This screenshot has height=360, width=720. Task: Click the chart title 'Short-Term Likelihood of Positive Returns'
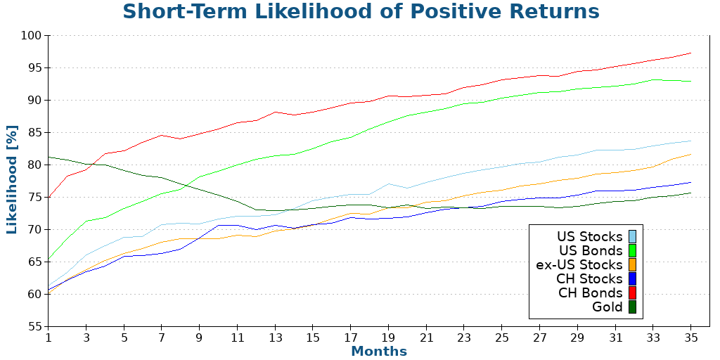coord(361,12)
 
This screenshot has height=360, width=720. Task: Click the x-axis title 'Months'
coord(379,351)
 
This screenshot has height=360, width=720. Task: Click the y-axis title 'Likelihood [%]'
coord(12,181)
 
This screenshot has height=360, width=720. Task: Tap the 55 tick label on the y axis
coord(34,326)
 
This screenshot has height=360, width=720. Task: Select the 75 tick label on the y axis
coord(34,198)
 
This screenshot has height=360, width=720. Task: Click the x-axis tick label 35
coord(690,337)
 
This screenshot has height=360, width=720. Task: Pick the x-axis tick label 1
coord(49,337)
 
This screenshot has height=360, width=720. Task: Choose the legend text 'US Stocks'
coord(589,237)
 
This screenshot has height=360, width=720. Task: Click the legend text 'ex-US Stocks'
coord(579,265)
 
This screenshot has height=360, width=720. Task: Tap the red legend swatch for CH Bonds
coord(632,293)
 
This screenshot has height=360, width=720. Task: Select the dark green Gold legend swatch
coord(632,307)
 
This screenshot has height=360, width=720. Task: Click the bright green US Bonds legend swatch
coord(632,251)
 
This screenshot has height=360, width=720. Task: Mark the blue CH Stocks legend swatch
coord(632,279)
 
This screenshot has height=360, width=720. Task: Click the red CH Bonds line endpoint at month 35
coord(690,53)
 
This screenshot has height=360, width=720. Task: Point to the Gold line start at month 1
coord(49,157)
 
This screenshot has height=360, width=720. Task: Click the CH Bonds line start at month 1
coord(49,197)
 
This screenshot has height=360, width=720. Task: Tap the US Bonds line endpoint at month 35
coord(690,81)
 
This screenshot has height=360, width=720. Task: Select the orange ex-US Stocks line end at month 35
coord(690,155)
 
